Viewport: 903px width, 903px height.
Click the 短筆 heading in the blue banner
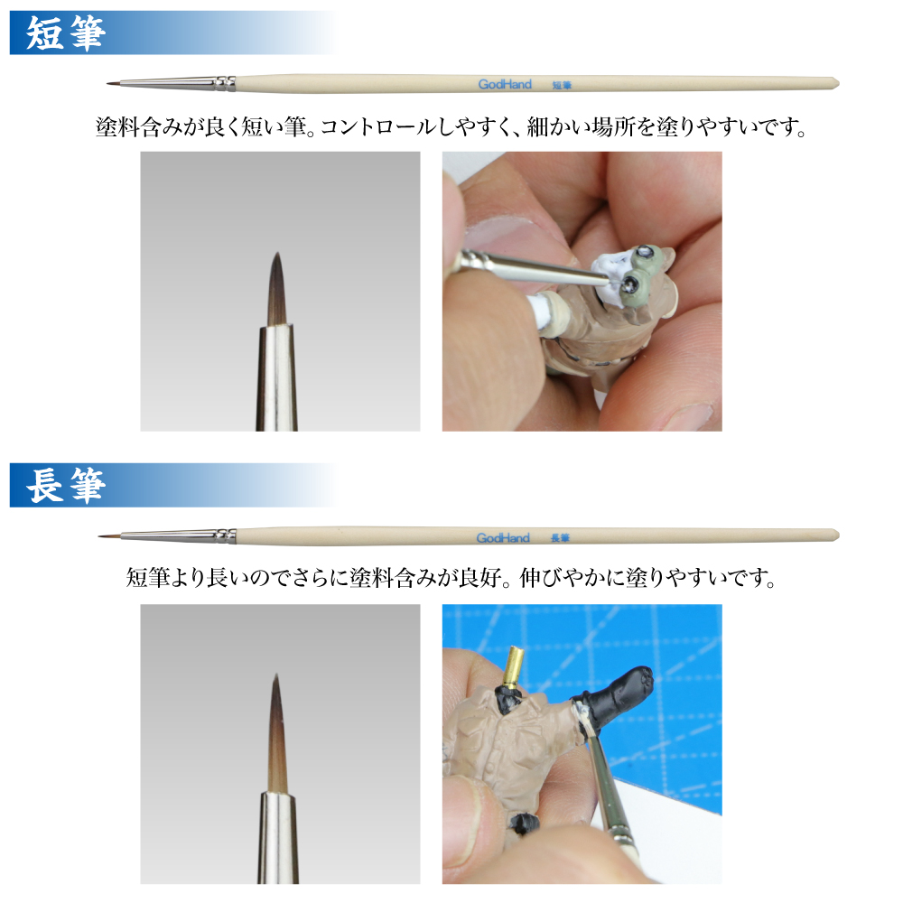click(66, 33)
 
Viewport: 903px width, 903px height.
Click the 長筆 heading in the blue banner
click(66, 486)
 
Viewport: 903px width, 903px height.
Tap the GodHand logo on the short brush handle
click(505, 84)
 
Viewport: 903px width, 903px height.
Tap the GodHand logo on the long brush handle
click(503, 538)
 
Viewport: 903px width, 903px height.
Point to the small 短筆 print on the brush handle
click(562, 85)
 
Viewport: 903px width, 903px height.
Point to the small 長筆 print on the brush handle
click(561, 538)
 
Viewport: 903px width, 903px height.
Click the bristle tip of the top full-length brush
click(107, 84)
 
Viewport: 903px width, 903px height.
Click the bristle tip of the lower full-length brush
click(99, 536)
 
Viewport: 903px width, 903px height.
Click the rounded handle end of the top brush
click(836, 82)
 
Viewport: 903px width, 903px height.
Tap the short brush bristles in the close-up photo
click(277, 291)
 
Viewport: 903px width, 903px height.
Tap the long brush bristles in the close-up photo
click(277, 735)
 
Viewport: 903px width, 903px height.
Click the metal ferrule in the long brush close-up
click(278, 838)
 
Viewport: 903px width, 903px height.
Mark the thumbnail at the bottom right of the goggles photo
click(688, 415)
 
